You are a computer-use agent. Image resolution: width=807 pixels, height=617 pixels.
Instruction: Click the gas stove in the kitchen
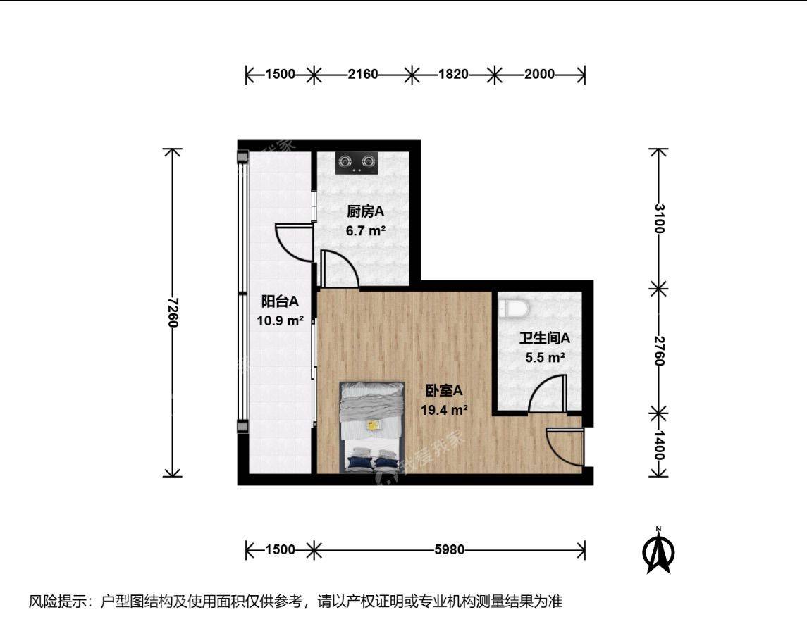pos(357,163)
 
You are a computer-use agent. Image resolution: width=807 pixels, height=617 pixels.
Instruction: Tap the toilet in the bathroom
pos(515,308)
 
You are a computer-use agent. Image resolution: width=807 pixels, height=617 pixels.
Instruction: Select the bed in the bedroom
pos(371,428)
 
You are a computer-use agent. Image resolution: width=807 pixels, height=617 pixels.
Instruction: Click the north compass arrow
pos(658,551)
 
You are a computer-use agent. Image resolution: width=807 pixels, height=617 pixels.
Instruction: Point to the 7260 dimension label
pos(173,313)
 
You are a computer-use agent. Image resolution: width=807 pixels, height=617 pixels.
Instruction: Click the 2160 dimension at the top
pos(363,75)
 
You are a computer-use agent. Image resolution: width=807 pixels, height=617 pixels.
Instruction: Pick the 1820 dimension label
pos(453,75)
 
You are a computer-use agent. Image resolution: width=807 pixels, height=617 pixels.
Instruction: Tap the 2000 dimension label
pos(540,75)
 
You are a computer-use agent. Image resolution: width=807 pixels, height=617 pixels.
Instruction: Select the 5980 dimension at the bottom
pos(449,550)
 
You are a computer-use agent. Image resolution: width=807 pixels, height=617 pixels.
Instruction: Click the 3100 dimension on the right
pos(659,218)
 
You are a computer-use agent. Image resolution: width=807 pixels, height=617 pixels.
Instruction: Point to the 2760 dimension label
pos(659,351)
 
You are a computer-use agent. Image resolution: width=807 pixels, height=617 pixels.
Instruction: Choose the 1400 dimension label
pos(659,445)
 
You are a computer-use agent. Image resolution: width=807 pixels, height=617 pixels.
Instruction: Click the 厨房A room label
pos(365,211)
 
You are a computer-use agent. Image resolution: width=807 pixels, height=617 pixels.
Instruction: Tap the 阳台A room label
pos(280,301)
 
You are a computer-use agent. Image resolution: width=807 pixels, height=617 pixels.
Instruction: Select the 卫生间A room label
pos(545,338)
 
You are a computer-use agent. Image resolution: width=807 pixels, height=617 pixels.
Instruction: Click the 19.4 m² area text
pos(444,410)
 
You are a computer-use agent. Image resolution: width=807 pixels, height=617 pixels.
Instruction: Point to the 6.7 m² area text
pos(366,230)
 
